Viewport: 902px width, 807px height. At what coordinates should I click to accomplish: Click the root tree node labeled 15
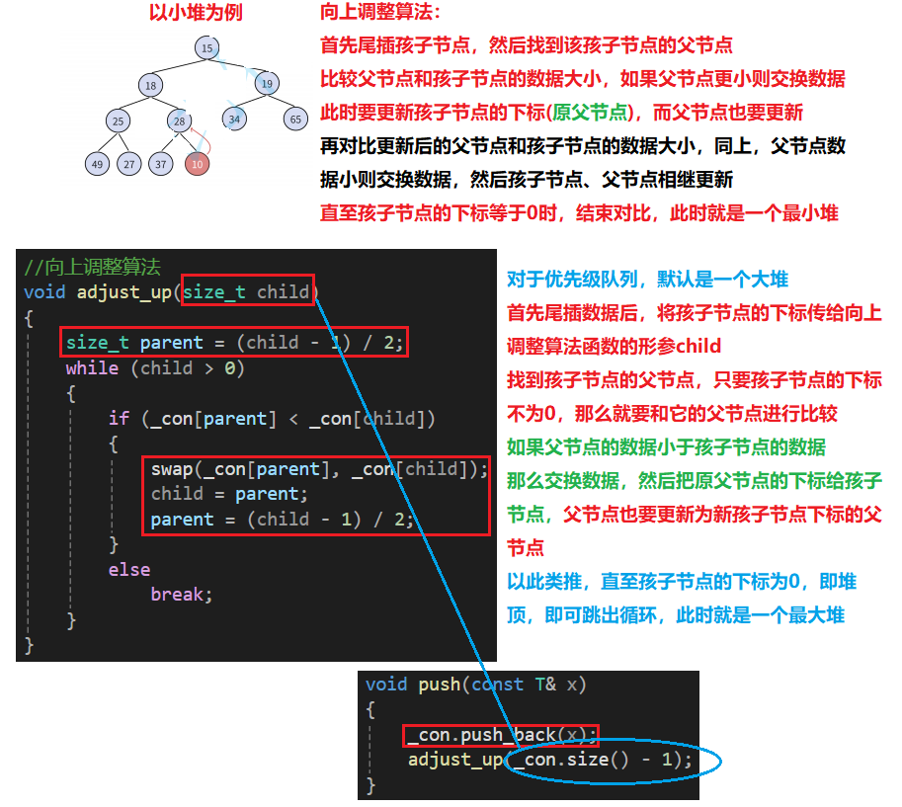(206, 47)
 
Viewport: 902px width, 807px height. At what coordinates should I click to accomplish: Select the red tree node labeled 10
(198, 164)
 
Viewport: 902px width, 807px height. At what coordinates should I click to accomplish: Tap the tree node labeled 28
(179, 121)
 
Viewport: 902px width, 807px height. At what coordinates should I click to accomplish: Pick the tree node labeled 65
(295, 120)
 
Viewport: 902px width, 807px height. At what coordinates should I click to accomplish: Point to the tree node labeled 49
(97, 164)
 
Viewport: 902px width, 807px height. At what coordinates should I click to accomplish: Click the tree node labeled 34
(234, 120)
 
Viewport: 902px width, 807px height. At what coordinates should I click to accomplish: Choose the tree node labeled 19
(267, 84)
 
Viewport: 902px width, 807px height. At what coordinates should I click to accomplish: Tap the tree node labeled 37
(160, 164)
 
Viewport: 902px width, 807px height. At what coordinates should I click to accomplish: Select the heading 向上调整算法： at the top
(380, 13)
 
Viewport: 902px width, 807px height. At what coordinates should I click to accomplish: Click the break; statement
(182, 595)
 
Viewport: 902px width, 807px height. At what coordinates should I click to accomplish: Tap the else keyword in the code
(129, 570)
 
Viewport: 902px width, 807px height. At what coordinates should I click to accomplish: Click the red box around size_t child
(248, 291)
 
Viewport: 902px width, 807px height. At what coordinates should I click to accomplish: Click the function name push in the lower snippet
(439, 684)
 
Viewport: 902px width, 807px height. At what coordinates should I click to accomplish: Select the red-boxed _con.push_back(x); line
(501, 735)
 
